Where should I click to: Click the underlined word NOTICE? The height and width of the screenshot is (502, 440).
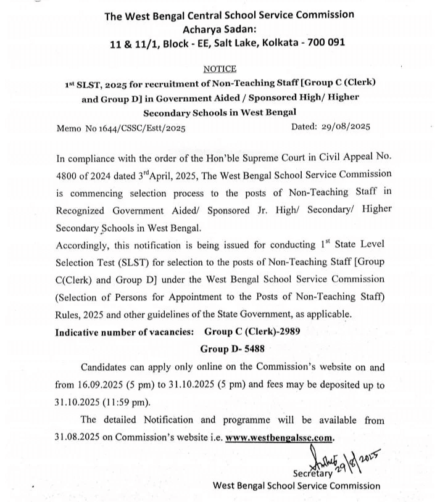(x=219, y=69)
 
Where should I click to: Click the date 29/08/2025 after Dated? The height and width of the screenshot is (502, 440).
(x=346, y=127)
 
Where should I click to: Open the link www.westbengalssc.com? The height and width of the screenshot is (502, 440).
(x=280, y=437)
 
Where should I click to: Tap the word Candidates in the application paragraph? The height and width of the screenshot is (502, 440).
(x=106, y=367)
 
